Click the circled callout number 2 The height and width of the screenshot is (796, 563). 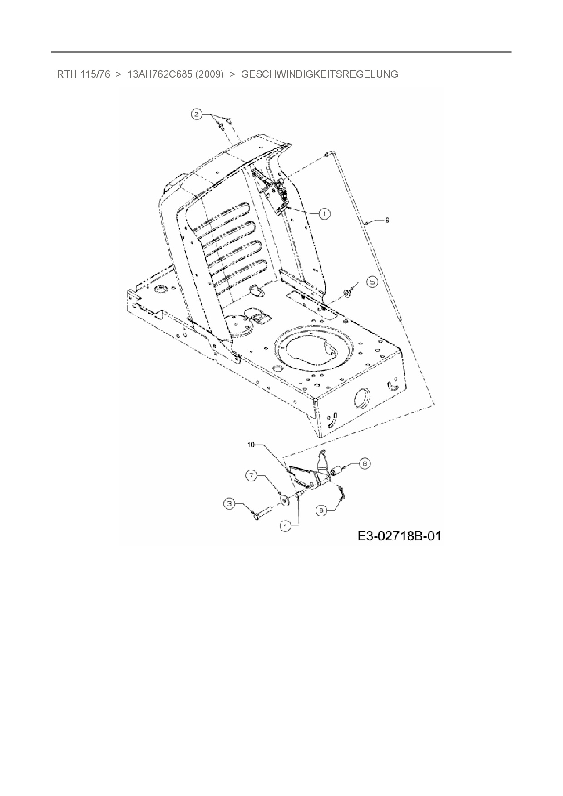tap(196, 115)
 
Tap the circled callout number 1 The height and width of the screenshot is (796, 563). tap(324, 213)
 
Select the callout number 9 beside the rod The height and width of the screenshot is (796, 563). tap(387, 220)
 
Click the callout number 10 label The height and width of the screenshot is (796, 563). tap(251, 445)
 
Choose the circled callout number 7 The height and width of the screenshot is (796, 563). tap(252, 476)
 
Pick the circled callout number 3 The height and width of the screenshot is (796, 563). tap(230, 503)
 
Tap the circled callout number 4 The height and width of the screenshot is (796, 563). tap(285, 526)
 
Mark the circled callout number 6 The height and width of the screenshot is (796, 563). tap(321, 511)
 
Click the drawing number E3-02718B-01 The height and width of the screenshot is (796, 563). tap(399, 536)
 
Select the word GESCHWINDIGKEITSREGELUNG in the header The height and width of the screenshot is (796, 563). tap(319, 74)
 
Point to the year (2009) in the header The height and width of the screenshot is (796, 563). tap(209, 74)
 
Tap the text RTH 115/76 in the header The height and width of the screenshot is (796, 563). tap(83, 74)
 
